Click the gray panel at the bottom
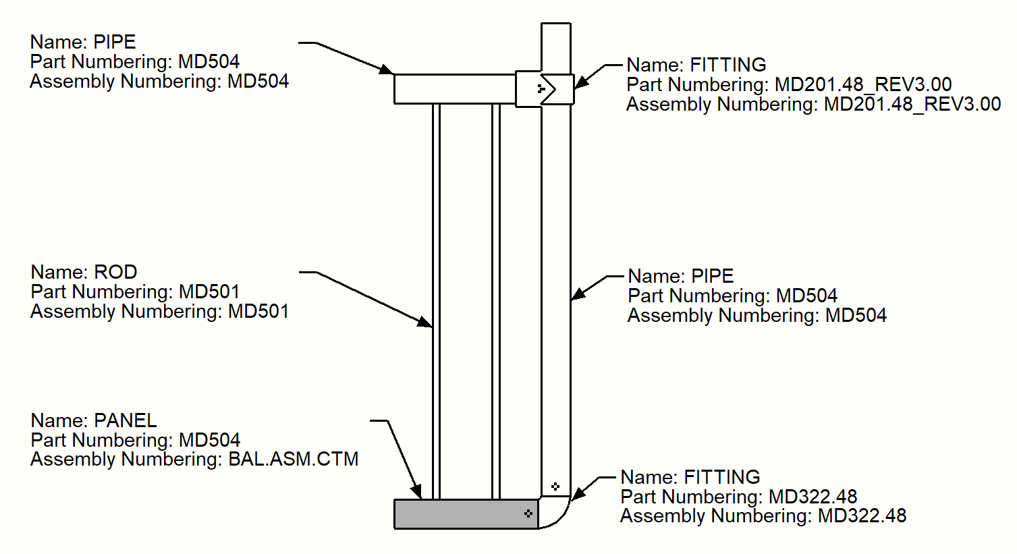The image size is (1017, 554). coord(466,514)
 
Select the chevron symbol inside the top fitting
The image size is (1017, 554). coord(548,88)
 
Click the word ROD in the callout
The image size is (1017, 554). coord(115,272)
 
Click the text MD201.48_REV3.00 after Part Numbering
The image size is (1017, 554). coord(863,84)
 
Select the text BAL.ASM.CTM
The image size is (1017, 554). coord(293,460)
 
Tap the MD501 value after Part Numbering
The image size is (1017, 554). coord(209,292)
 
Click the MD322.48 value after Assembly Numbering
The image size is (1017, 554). coord(862,516)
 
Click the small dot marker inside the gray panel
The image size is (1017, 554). coord(528,514)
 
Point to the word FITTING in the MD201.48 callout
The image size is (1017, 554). coord(727,65)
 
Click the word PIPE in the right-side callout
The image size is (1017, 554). coord(712,276)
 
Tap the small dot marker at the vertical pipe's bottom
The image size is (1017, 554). coord(555,486)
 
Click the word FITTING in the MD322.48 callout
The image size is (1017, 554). coord(721,477)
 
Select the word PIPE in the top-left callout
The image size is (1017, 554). coord(115,42)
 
